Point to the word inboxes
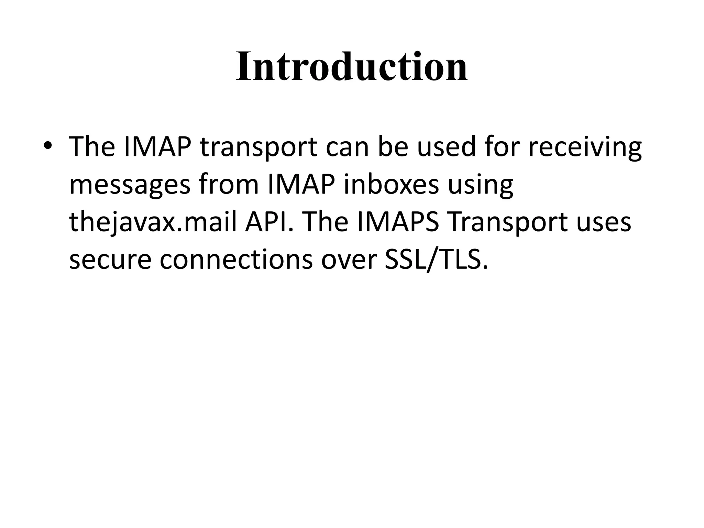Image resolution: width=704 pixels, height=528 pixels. tap(392, 184)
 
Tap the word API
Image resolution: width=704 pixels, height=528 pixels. tap(269, 222)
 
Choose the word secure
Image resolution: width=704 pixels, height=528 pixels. tap(110, 260)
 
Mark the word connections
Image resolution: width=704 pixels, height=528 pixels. tap(236, 260)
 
